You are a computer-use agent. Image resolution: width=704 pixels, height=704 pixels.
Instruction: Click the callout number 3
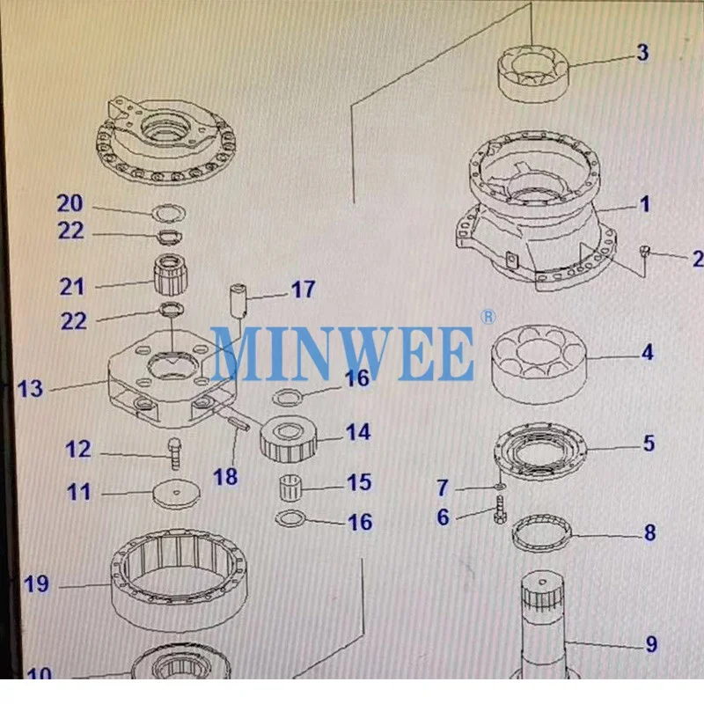pos(643,53)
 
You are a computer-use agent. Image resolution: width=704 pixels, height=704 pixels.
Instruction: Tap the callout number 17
pos(303,289)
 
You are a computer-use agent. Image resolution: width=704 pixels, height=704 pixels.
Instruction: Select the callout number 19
pos(36,583)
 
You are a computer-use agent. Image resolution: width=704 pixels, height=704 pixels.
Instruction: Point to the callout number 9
pos(650,644)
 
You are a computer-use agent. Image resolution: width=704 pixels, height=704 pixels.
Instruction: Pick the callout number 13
pos(29,388)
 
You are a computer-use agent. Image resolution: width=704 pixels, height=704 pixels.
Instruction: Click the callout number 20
pos(70,204)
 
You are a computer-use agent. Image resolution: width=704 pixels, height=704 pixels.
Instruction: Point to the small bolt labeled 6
pos(501,510)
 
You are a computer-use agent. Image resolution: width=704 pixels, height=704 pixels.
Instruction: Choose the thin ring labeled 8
pos(540,533)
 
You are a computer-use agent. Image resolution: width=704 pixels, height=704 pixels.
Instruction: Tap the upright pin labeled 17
pos(238,300)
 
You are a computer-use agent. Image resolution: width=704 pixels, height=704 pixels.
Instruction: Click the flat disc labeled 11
pos(175,493)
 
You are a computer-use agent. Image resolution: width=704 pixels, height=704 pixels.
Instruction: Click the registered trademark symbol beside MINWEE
pos(488,317)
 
